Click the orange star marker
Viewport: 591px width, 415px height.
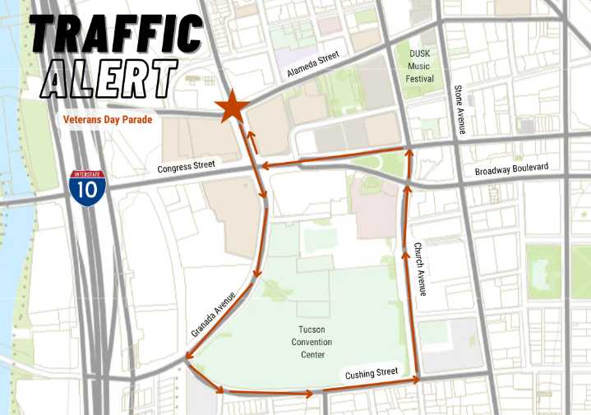tap(232, 107)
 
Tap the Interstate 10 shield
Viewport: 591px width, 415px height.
tap(86, 188)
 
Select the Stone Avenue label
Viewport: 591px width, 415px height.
tap(461, 110)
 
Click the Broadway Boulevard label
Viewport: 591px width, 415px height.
tap(511, 168)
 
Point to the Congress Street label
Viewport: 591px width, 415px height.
tap(186, 167)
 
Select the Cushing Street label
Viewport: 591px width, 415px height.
tap(372, 374)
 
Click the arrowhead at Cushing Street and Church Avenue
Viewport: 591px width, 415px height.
tap(417, 380)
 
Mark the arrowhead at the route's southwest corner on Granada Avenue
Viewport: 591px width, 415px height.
tap(188, 356)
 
